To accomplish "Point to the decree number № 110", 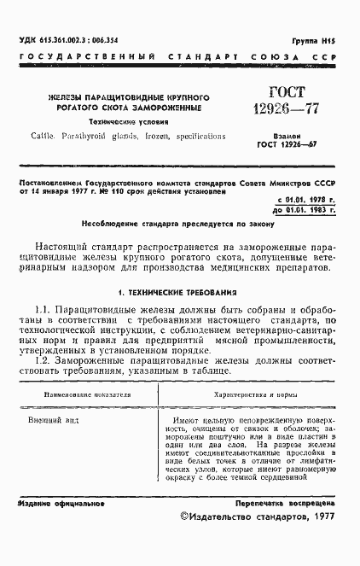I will (126, 191).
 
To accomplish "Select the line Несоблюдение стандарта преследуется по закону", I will (177, 225).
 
